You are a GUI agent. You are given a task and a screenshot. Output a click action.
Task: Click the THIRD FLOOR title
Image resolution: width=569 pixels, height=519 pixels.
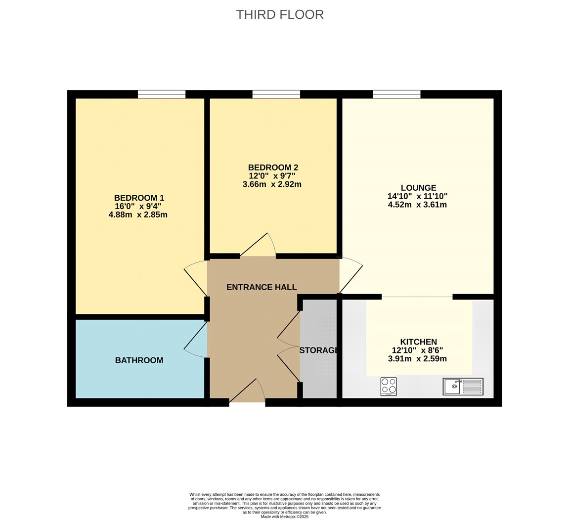(280, 14)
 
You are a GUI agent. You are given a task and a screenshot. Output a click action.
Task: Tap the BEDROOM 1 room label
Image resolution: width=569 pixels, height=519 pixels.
(139, 198)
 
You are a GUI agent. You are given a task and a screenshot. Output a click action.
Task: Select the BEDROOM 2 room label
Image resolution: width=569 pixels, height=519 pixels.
(273, 167)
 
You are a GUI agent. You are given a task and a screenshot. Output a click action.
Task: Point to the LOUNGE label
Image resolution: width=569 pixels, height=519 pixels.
(418, 188)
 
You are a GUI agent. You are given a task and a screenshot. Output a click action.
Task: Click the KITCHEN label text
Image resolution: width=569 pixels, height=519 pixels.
(418, 342)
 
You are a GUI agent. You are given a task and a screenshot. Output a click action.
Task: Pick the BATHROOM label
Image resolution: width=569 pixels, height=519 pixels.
(139, 360)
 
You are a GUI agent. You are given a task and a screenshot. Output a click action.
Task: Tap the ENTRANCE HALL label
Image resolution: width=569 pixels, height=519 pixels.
(262, 288)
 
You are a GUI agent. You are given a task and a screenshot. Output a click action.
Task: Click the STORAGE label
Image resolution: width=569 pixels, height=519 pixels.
(319, 350)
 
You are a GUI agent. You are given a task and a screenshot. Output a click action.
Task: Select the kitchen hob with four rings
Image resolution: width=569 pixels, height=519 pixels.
(389, 387)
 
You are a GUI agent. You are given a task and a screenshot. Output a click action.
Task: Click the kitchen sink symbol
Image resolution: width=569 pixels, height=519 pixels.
(463, 387)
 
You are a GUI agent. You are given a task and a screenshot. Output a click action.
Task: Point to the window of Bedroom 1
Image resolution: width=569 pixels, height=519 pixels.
(162, 94)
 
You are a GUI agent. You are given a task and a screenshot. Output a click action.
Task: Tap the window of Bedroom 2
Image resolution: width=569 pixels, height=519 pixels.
(276, 94)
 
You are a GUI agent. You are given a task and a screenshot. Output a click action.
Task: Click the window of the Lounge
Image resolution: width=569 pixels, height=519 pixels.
(396, 94)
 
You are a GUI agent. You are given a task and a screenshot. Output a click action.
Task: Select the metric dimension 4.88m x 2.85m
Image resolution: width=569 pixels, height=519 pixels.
(138, 215)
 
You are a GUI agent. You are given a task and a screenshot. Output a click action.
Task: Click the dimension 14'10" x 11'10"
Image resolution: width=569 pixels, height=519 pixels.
(417, 196)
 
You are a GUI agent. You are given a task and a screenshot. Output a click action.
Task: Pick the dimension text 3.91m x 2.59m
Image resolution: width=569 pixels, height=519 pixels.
(417, 359)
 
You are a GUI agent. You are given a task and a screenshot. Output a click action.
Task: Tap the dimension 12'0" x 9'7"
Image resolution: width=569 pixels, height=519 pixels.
(272, 176)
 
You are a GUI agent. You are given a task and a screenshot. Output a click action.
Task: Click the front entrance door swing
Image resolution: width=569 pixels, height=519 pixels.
(247, 390)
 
